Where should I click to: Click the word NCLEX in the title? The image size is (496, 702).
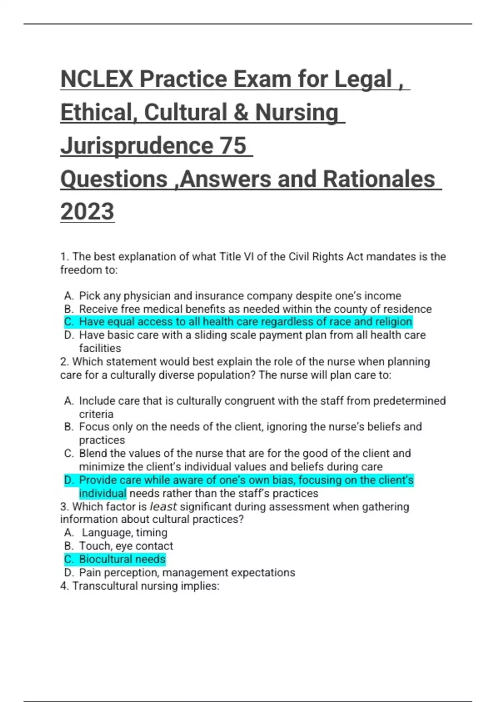click(x=97, y=79)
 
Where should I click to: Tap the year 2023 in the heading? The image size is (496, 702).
click(x=87, y=211)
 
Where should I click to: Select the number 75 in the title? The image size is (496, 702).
click(x=233, y=145)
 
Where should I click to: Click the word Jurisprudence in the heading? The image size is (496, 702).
click(x=137, y=145)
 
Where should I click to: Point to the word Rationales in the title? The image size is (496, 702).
click(x=379, y=179)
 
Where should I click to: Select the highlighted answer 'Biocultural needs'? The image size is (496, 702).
click(x=122, y=559)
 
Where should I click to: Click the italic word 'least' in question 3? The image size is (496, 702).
click(x=163, y=506)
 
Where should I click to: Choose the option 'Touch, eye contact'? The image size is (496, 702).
click(x=126, y=546)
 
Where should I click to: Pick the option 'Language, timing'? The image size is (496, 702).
click(x=124, y=533)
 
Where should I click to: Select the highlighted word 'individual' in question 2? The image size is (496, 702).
click(x=103, y=493)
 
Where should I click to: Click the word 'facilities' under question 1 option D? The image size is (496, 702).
click(x=100, y=348)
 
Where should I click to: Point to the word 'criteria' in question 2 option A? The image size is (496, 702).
click(x=96, y=414)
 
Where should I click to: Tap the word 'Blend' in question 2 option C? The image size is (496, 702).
click(x=93, y=453)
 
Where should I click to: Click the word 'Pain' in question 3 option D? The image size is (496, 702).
click(x=90, y=572)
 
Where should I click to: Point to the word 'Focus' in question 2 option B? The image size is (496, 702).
click(x=93, y=427)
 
